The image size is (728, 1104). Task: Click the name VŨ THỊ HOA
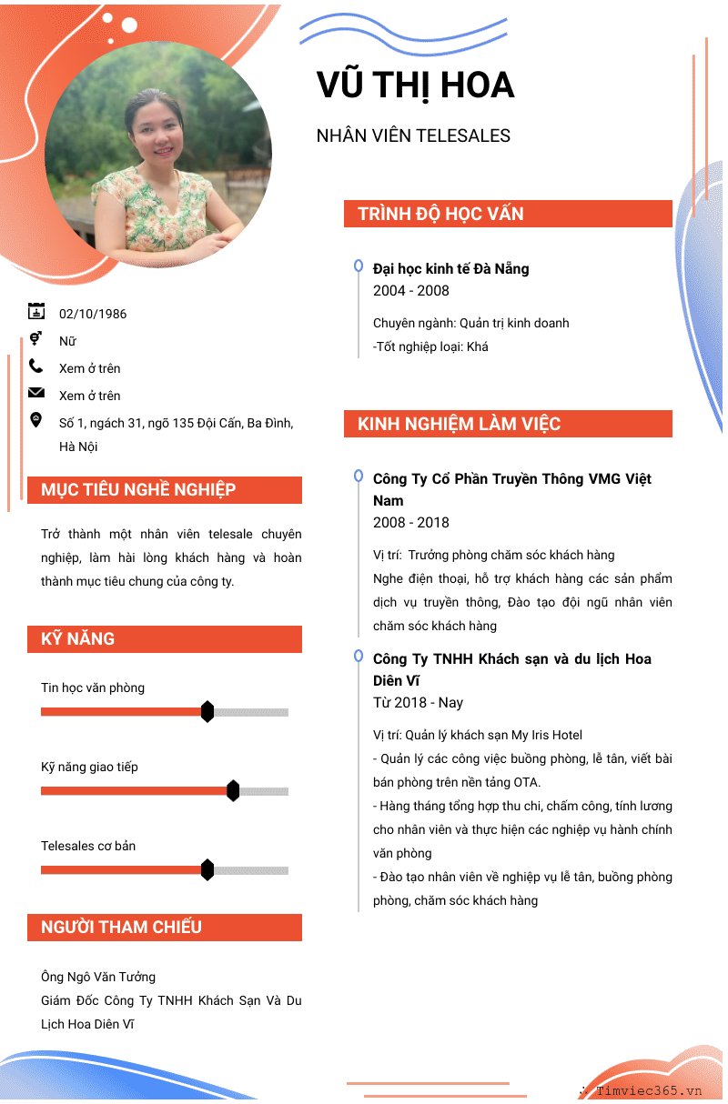[415, 85]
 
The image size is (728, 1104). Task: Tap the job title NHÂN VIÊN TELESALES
[413, 135]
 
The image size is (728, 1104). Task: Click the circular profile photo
[158, 156]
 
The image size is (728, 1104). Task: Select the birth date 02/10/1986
[93, 314]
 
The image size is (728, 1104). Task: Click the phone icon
[35, 366]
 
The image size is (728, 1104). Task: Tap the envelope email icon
[35, 393]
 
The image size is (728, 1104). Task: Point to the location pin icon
[35, 419]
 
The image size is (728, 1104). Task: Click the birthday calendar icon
[35, 311]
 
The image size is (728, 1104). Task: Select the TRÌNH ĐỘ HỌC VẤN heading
[440, 214]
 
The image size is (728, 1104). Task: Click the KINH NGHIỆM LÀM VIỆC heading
[459, 424]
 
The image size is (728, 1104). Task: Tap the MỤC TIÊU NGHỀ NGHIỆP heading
[138, 489]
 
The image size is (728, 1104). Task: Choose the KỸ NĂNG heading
[77, 638]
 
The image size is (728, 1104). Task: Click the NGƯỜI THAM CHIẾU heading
[121, 927]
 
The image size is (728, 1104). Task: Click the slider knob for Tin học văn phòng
[207, 712]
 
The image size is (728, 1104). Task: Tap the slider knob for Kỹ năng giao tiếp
[233, 791]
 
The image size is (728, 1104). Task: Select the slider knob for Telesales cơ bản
[207, 870]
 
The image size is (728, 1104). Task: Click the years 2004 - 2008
[411, 291]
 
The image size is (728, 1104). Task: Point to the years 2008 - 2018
[411, 523]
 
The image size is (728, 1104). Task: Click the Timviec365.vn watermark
[649, 1090]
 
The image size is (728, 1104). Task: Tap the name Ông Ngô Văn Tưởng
[98, 977]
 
